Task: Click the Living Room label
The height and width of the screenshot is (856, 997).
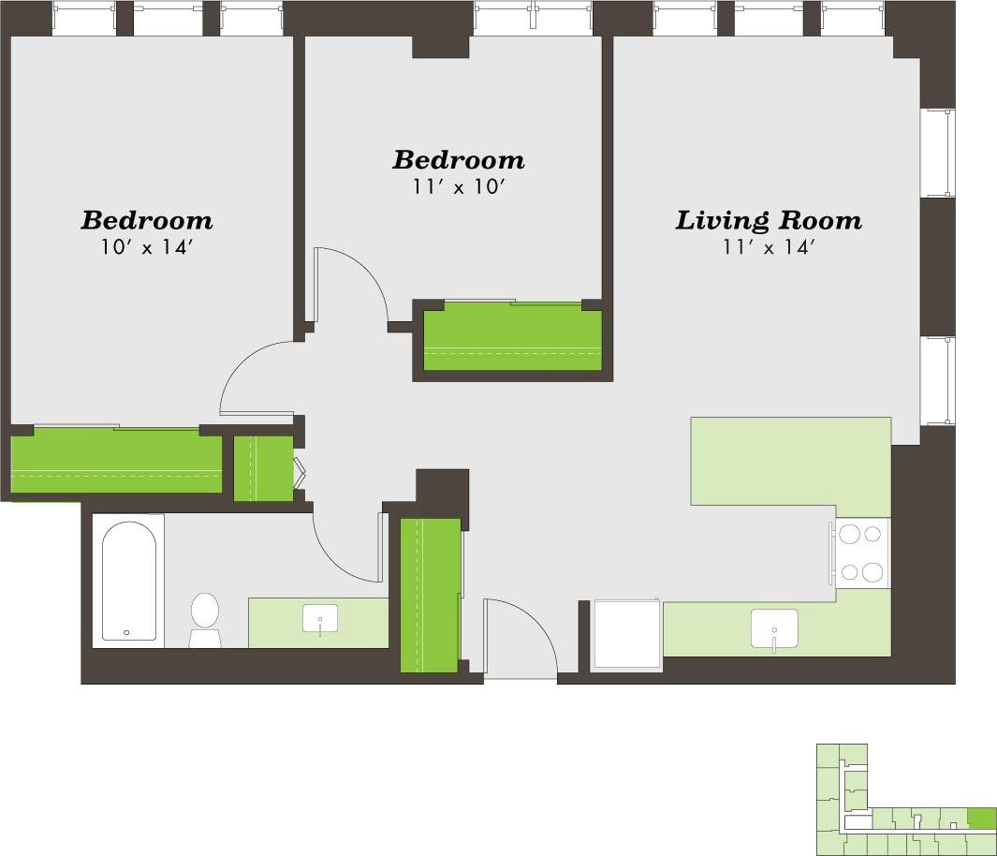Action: coord(769,221)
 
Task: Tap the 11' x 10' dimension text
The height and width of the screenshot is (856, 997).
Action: coord(458,186)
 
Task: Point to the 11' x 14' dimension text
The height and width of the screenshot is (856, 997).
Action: coord(768,247)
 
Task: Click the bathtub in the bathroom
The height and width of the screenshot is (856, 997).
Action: coord(128,581)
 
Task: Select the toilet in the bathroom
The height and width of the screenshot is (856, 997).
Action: coord(204,618)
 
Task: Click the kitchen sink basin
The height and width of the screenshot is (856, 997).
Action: coord(774,628)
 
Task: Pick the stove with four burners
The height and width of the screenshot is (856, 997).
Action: coord(861,553)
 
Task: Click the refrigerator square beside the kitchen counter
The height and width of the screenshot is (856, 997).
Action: coord(627,634)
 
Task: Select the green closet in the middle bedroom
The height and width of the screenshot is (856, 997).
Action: coord(512,340)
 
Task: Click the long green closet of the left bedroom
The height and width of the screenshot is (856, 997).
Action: coord(116,465)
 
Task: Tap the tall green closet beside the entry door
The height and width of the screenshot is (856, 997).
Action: coord(430,595)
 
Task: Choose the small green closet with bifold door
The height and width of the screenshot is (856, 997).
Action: coord(263,467)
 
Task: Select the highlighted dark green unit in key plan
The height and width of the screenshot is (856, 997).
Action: coord(981,818)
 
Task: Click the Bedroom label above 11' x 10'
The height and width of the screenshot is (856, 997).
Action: coord(458,160)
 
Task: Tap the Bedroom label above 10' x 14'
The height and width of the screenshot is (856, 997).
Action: coord(146,221)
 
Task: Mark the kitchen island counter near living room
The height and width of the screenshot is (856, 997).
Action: coord(790,461)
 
